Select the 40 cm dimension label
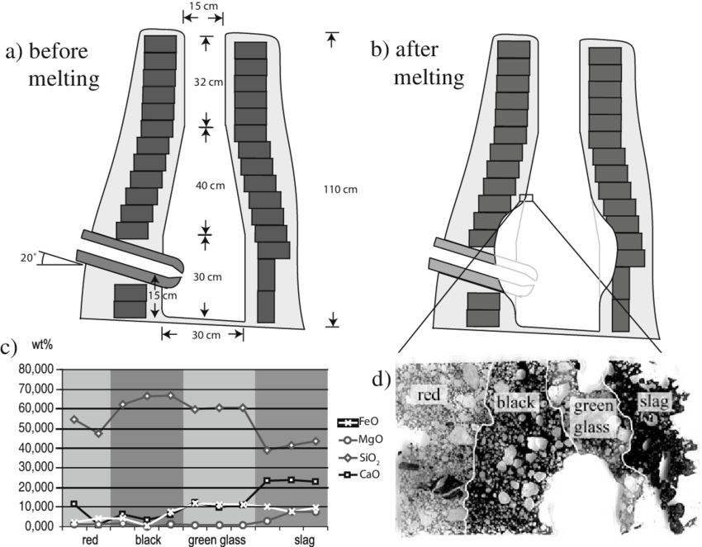click(x=211, y=186)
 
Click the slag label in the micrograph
click(x=652, y=401)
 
